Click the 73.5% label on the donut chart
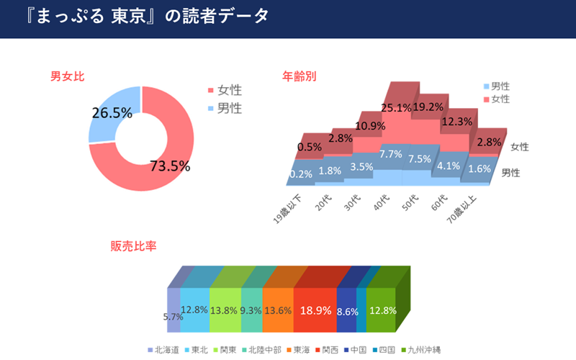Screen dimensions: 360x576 (170, 166)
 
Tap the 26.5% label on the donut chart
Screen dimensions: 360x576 (112, 112)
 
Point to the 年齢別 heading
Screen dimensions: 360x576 (300, 76)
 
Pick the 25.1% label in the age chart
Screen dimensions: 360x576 (396, 109)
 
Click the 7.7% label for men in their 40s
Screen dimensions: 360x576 (390, 154)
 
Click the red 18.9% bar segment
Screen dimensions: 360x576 (315, 310)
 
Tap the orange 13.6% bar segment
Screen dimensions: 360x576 (278, 310)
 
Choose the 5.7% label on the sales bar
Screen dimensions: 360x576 (173, 317)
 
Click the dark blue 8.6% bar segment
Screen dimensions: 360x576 (347, 311)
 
